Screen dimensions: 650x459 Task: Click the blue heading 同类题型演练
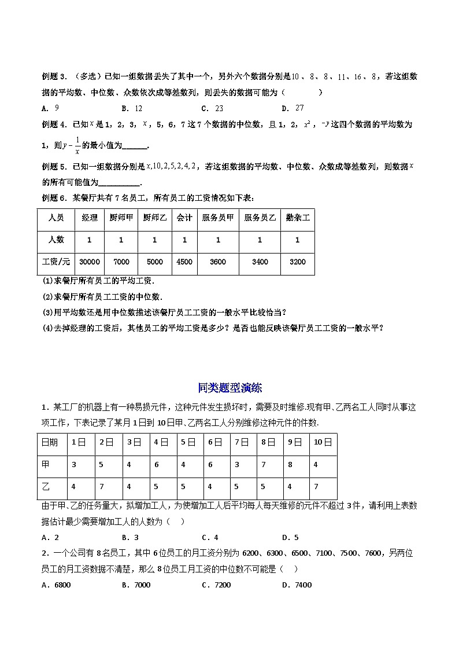pyautogui.click(x=229, y=388)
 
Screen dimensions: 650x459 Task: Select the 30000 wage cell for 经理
pyautogui.click(x=90, y=262)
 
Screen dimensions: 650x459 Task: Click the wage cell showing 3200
pyautogui.click(x=297, y=262)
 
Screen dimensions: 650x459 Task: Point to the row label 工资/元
pyautogui.click(x=53, y=262)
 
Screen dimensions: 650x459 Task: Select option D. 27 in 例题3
pyautogui.click(x=293, y=108)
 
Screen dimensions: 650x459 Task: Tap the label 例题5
pyautogui.click(x=55, y=167)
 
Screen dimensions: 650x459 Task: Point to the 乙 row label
pyautogui.click(x=46, y=487)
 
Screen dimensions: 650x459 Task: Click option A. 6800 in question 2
pyautogui.click(x=56, y=585)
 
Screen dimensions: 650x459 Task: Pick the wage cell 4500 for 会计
pyautogui.click(x=184, y=262)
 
